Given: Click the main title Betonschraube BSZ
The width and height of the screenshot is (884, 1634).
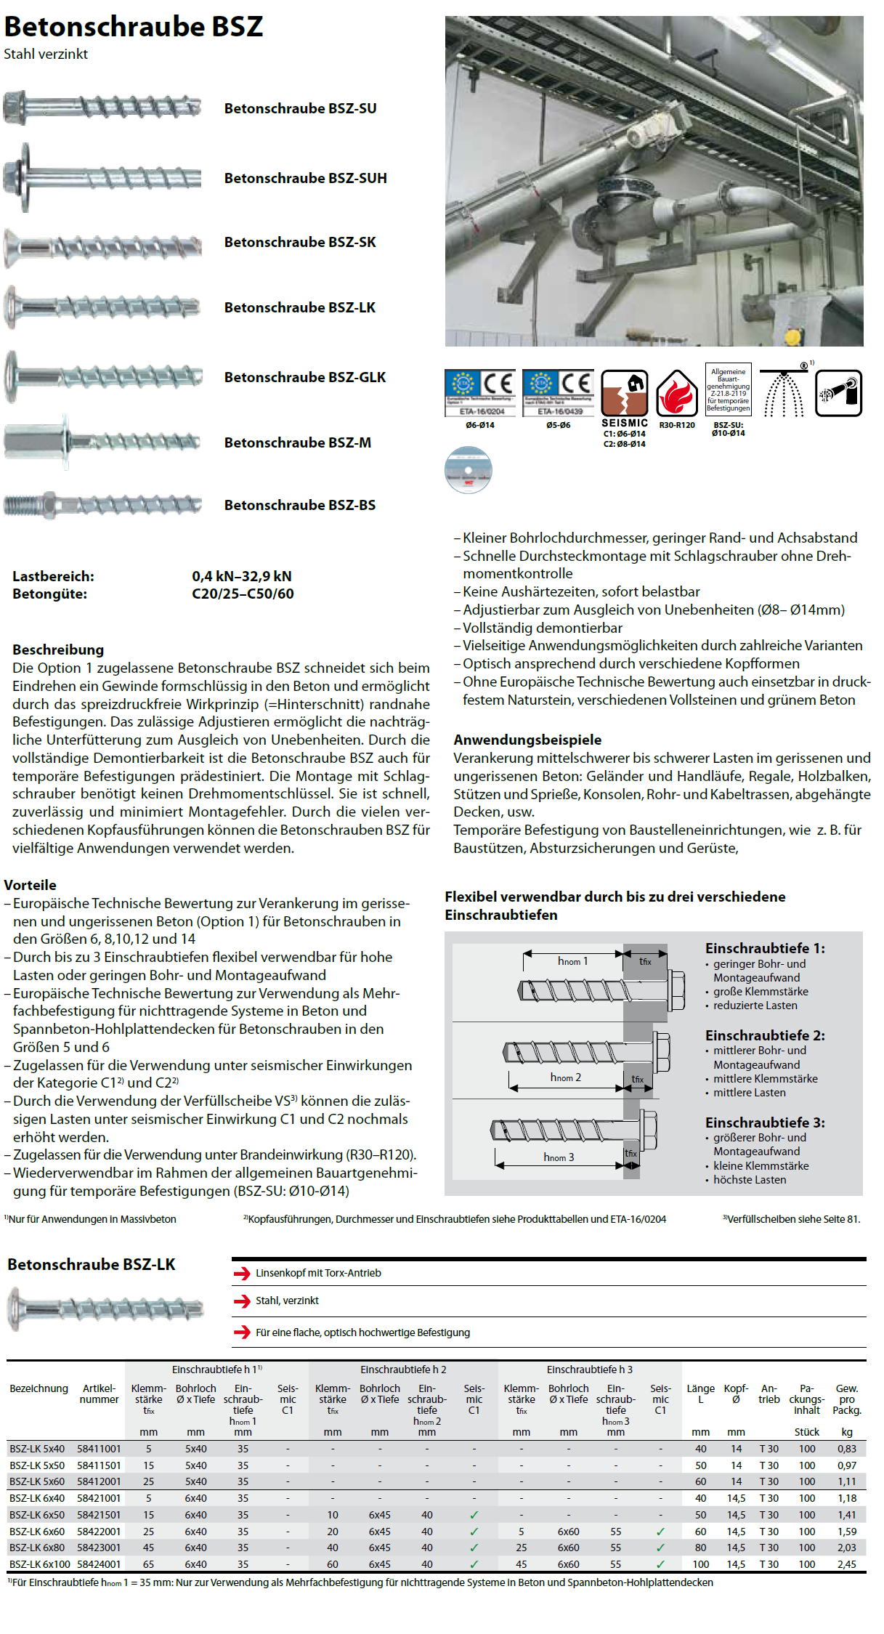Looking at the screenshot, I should [134, 27].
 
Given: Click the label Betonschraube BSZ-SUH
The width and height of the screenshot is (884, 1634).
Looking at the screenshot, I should [305, 178].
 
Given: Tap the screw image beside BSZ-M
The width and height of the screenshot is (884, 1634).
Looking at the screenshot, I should [102, 441].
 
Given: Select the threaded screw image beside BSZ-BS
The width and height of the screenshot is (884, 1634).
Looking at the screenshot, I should [102, 504].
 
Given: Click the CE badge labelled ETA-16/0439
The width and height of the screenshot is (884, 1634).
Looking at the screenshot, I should [558, 393].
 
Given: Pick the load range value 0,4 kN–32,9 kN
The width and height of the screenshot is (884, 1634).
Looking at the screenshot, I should [242, 576].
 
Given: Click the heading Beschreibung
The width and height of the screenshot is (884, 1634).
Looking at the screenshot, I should [58, 650].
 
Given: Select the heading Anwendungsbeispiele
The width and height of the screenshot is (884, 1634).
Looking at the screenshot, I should [527, 740].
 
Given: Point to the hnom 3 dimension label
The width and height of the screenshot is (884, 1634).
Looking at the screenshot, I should [559, 1157].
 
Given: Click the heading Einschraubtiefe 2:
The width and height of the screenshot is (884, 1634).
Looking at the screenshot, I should [765, 1035].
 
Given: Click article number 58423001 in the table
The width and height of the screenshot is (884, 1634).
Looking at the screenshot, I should [99, 1548].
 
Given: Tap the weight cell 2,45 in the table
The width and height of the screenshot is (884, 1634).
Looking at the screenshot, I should [846, 1564].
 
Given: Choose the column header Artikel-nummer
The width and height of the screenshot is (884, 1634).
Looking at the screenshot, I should [99, 1394].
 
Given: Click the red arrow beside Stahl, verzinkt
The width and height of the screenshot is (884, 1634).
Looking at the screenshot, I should [242, 1301].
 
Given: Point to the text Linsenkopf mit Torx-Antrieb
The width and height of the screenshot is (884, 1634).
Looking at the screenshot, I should [318, 1273].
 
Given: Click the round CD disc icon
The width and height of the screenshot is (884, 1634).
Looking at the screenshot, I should [469, 470].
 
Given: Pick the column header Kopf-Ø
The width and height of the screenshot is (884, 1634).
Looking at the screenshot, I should [736, 1394].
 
